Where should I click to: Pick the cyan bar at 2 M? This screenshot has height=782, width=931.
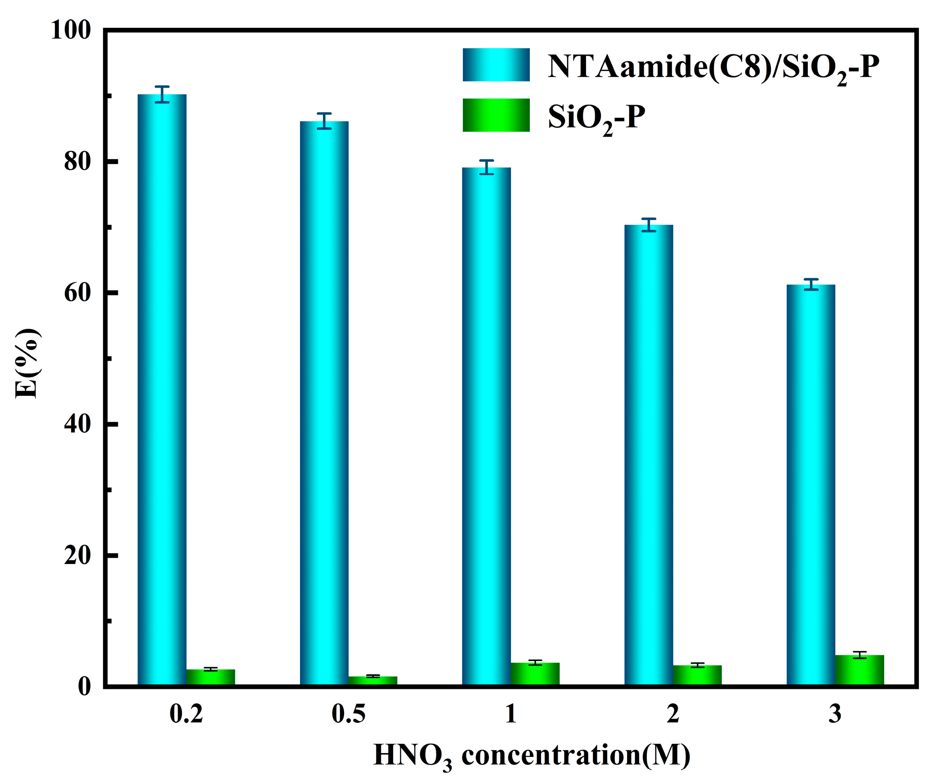[649, 455]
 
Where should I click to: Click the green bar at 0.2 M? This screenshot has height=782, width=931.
[210, 677]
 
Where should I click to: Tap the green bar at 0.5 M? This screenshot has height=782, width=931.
[373, 680]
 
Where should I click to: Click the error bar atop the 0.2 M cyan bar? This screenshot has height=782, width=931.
[162, 94]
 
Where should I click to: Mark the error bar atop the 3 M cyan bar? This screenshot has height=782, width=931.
[811, 284]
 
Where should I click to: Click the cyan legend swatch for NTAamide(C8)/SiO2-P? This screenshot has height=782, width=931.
[496, 65]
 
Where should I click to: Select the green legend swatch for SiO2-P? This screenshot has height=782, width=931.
[496, 115]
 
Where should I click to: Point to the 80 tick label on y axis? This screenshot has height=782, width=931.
[77, 161]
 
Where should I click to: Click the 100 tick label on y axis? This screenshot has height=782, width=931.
[71, 31]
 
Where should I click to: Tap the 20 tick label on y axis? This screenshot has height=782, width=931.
[77, 556]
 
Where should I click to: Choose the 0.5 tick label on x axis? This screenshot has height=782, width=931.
[349, 714]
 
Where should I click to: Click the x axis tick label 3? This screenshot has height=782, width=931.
[835, 714]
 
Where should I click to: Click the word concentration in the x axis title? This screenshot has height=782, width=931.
[551, 755]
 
